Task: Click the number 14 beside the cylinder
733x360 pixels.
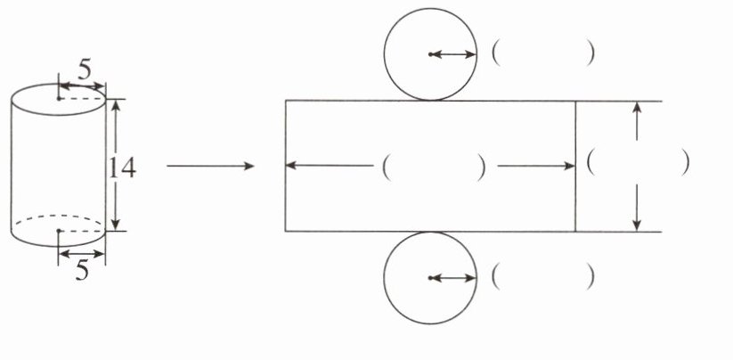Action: click(122, 167)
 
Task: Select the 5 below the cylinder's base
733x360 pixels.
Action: click(81, 271)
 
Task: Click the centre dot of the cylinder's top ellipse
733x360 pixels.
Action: click(59, 98)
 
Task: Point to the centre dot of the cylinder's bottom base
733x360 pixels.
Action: click(58, 231)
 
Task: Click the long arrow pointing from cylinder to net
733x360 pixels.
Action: click(210, 166)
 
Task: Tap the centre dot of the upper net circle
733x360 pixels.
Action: click(430, 55)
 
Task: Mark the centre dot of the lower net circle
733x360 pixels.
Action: click(430, 278)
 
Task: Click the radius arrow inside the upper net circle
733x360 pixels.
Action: click(453, 55)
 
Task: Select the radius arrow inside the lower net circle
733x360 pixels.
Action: click(453, 278)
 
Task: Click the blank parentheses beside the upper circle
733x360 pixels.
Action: click(542, 54)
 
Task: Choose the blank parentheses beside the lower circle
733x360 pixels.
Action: click(542, 278)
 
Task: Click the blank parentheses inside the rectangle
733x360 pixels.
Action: click(433, 167)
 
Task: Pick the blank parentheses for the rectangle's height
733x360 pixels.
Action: click(638, 162)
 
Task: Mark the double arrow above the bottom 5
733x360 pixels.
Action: click(81, 253)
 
